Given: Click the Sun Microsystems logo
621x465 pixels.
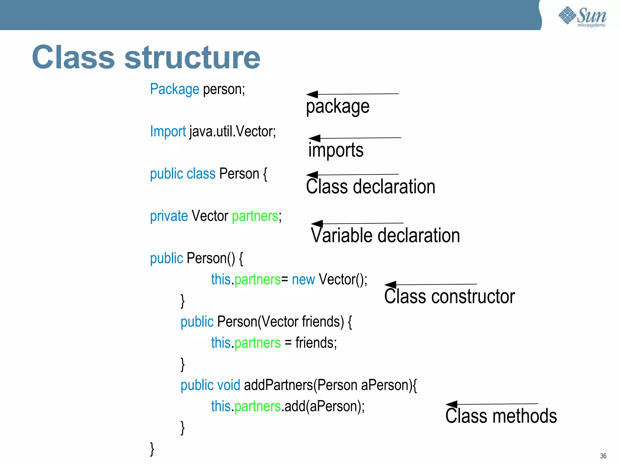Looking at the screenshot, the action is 582,17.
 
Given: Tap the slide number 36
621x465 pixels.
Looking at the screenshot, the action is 603,456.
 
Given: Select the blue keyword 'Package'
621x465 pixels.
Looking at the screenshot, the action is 175,89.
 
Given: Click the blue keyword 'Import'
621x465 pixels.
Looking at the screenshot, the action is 168,132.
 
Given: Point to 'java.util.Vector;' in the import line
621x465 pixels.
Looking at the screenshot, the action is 233,132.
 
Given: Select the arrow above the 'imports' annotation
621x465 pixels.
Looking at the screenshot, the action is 355,138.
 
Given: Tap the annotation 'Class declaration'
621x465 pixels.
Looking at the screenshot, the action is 371,186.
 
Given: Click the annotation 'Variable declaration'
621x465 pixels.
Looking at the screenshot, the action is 385,236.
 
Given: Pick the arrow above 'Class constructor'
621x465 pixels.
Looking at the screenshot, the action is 431,285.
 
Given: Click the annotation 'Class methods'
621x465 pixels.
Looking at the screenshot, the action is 501,416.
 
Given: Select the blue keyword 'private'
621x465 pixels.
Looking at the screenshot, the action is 169,216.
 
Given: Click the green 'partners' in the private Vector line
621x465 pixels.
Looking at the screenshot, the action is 255,216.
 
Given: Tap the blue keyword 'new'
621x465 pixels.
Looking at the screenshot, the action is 303,279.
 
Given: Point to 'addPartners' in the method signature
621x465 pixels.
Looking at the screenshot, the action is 278,385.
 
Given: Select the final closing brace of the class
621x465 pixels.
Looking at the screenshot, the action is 152,449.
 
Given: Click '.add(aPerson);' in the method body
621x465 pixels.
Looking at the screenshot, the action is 323,406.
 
